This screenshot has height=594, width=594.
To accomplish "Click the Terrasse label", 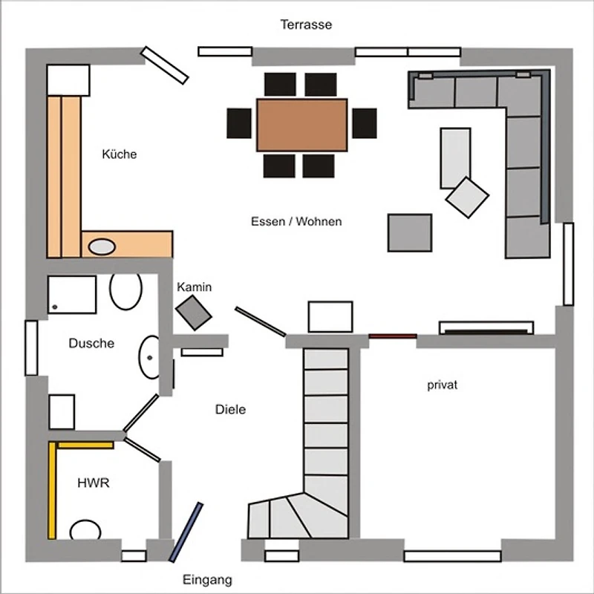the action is pos(306,25).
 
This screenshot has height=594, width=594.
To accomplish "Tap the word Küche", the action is pos(120,154).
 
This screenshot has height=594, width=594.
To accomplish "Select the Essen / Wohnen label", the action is pos(296,221).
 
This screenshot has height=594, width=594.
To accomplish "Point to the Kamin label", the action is pos(194,287).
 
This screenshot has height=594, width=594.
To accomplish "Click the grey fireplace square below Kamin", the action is pos(194,313).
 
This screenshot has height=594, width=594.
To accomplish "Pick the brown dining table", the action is pos(302,125).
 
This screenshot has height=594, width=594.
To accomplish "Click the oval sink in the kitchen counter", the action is pos(102,247).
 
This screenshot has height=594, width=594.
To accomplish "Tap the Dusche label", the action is pos(91,343).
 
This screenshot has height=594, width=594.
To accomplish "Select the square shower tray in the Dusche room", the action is pos(72,295).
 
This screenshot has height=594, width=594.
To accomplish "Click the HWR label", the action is pos(94,483).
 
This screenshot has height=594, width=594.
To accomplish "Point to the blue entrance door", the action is pos(186,532).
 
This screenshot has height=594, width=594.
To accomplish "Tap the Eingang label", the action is pos(207,580).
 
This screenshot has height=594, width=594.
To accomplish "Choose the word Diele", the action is pos(230,410).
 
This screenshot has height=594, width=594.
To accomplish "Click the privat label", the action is pos(442,385).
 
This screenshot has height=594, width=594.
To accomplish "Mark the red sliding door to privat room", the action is pos(393,336).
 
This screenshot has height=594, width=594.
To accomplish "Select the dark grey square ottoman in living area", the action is pos(410,232).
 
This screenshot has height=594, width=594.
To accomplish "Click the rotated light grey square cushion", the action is pos(467,198).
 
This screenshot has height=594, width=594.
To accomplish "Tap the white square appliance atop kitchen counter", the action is pos(68,80).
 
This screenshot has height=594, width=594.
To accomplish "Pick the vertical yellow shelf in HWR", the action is pos(52,491).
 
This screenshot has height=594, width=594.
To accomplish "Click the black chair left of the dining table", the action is pos(239,123).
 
